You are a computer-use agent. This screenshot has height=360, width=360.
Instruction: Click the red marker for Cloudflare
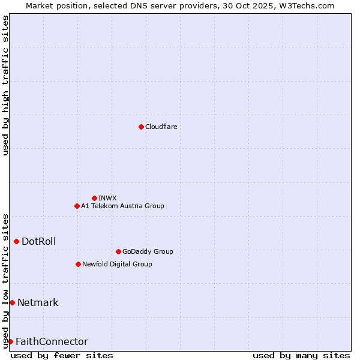click(141, 127)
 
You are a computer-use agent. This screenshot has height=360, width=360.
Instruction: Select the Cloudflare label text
click(161, 127)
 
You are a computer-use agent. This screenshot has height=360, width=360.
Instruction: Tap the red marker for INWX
click(94, 198)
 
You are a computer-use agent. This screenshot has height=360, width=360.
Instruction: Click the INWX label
click(107, 198)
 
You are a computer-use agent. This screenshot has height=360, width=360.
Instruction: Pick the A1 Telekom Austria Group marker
click(77, 206)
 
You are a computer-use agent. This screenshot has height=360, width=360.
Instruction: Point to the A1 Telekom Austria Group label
click(122, 206)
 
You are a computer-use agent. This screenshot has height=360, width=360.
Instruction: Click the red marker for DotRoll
click(16, 241)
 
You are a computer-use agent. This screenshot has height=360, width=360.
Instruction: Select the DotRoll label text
click(38, 241)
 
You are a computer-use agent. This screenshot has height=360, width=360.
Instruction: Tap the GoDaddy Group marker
click(118, 251)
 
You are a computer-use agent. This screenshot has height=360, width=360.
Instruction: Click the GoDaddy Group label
click(148, 251)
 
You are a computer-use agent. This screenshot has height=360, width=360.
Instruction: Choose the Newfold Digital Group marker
click(78, 264)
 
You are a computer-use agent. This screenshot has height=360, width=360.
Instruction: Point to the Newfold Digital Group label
click(117, 264)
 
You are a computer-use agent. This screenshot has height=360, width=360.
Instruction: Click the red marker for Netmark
click(12, 302)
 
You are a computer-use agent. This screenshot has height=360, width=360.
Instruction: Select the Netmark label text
click(38, 302)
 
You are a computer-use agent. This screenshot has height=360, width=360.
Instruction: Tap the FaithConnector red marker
click(10, 341)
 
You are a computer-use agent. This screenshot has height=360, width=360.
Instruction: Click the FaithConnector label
click(52, 341)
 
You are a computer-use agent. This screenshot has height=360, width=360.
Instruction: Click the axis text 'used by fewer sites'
click(62, 355)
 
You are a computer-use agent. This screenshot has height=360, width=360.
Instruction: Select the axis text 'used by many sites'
click(301, 355)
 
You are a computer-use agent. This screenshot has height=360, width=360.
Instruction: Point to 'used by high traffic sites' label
click(5, 85)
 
